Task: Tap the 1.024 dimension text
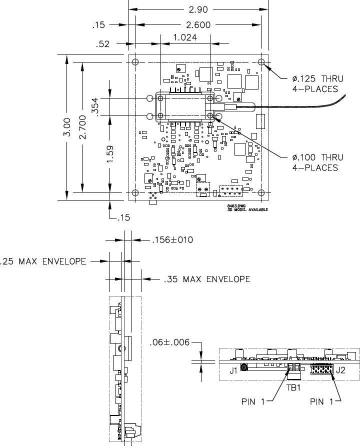click(184, 37)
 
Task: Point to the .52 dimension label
click(103, 44)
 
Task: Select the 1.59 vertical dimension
click(110, 153)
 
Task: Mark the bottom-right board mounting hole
click(261, 193)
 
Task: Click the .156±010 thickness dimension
click(172, 240)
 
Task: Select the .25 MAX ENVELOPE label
click(44, 260)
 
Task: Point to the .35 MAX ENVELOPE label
click(207, 278)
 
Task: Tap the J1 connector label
click(233, 370)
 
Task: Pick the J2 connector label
click(340, 370)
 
